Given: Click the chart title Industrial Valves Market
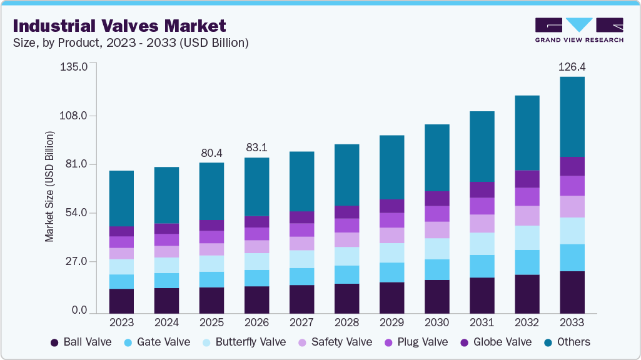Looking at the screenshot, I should pos(119,26).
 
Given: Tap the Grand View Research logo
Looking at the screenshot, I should pos(579,30).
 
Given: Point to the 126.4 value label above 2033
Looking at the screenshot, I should pos(572,66).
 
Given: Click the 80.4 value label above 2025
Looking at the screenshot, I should pos(212,152).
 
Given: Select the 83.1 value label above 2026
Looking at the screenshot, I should pos(257,147).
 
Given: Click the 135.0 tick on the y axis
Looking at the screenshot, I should pos(74,66).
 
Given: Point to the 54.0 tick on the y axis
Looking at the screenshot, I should pos(76,213).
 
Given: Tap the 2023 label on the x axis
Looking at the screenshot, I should pos(121,322).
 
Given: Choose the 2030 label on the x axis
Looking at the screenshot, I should pos(437,322).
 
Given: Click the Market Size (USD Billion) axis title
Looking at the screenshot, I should pos(49,187).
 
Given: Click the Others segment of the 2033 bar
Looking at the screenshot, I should pos(572,117).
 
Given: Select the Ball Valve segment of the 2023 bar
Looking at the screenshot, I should pos(121,301).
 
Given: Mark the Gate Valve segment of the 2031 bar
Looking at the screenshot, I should pos(482,266).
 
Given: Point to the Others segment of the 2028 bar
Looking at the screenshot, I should pos(346,175).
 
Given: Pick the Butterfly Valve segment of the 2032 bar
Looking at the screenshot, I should pos(527,237).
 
